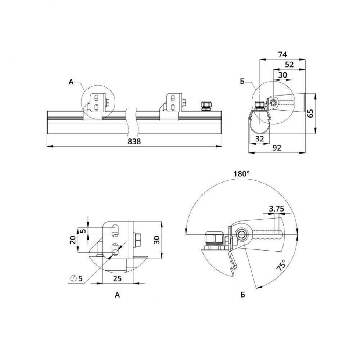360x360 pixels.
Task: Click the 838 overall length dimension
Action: pos(134,141)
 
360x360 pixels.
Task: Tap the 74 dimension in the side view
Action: pos(282,55)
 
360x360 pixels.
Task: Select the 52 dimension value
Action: pos(289,65)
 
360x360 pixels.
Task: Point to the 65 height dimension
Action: pos(310,114)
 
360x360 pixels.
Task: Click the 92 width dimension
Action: pos(277,148)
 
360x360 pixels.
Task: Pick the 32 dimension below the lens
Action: pos(260,139)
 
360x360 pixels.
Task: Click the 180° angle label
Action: pos(242,173)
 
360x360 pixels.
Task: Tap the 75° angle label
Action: pos(281,266)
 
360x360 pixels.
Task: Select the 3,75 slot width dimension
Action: pos(276,209)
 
